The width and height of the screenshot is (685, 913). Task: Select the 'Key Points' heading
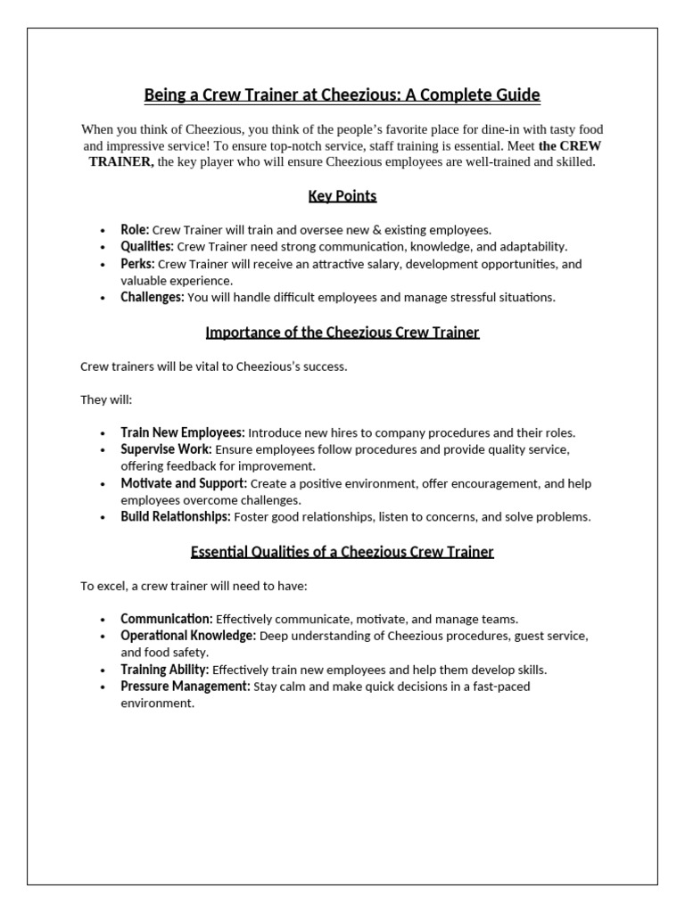[342, 196]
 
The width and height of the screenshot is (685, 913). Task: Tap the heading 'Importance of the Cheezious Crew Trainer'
[342, 333]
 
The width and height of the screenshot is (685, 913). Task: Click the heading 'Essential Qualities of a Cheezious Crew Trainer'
[342, 552]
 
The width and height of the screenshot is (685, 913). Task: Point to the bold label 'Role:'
[135, 230]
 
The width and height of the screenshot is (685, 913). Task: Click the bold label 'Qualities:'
[147, 247]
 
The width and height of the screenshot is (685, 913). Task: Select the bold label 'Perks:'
[137, 264]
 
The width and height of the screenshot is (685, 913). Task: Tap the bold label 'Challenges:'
[153, 298]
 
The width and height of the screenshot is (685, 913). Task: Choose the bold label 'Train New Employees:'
[182, 432]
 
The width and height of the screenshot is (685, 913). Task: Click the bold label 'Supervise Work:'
[167, 449]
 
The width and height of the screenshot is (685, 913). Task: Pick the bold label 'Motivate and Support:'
[184, 483]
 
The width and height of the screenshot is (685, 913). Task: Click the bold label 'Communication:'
[167, 619]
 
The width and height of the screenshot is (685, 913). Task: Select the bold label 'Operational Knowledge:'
[188, 636]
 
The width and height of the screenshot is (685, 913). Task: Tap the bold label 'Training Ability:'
[165, 670]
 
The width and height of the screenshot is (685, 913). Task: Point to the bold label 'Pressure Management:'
[186, 687]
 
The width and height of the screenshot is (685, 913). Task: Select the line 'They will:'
[106, 400]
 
